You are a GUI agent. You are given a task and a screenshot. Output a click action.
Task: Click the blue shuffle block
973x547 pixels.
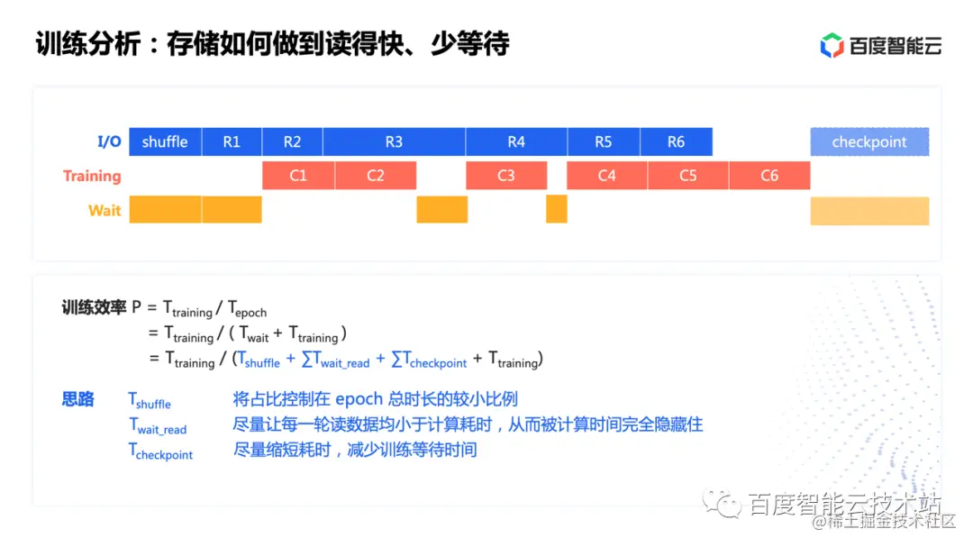165,141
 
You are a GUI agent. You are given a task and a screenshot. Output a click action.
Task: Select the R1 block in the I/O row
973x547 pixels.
232,141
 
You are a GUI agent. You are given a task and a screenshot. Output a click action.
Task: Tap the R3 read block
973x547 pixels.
394,141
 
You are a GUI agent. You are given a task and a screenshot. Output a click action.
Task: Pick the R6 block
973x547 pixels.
676,141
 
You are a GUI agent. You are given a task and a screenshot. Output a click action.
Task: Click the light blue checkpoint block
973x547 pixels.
869,141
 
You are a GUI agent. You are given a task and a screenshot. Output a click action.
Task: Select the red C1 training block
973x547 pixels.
298,176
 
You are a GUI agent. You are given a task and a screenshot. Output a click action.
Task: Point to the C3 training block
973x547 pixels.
506,176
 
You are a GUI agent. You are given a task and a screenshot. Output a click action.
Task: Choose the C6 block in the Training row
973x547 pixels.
769,176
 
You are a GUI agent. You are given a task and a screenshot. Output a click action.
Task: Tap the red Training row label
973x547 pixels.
92,176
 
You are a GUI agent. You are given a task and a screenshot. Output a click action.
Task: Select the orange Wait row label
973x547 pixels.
105,210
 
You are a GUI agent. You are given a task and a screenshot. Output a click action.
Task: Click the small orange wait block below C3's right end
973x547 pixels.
557,209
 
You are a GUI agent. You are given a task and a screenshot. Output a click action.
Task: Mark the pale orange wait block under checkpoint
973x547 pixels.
869,210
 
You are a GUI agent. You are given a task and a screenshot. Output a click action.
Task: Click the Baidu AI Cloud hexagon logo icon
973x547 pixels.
832,45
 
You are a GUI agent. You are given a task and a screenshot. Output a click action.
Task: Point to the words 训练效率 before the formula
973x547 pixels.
94,307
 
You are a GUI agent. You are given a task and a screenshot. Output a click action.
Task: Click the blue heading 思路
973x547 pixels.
78,399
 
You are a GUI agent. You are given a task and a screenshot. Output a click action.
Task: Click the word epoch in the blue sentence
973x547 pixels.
359,399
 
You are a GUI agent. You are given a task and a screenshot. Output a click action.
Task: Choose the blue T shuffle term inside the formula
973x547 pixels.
259,360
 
